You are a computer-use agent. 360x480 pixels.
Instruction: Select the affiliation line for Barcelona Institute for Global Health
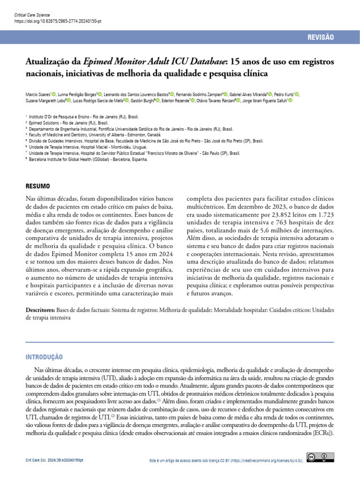pos(88,159)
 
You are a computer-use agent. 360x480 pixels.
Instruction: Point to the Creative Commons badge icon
pos(320,457)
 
